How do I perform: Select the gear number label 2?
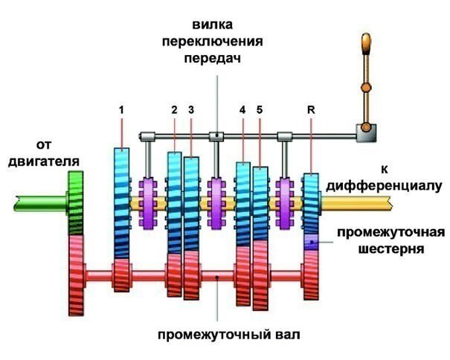coord(173,109)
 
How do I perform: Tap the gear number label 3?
coord(191,109)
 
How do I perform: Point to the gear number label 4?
coord(242,109)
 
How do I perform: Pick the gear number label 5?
coord(260,109)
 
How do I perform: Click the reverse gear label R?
coord(310,109)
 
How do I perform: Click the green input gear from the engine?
coord(75,202)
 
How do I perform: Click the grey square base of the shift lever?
coord(365,133)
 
